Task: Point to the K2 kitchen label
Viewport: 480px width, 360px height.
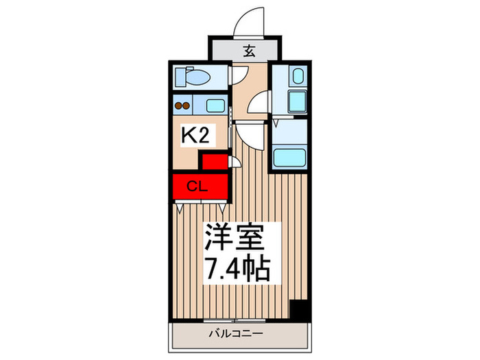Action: (195, 134)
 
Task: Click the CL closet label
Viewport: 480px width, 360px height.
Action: (197, 185)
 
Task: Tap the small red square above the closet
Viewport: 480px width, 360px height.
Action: (213, 162)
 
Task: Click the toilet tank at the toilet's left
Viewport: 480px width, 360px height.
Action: (179, 77)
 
